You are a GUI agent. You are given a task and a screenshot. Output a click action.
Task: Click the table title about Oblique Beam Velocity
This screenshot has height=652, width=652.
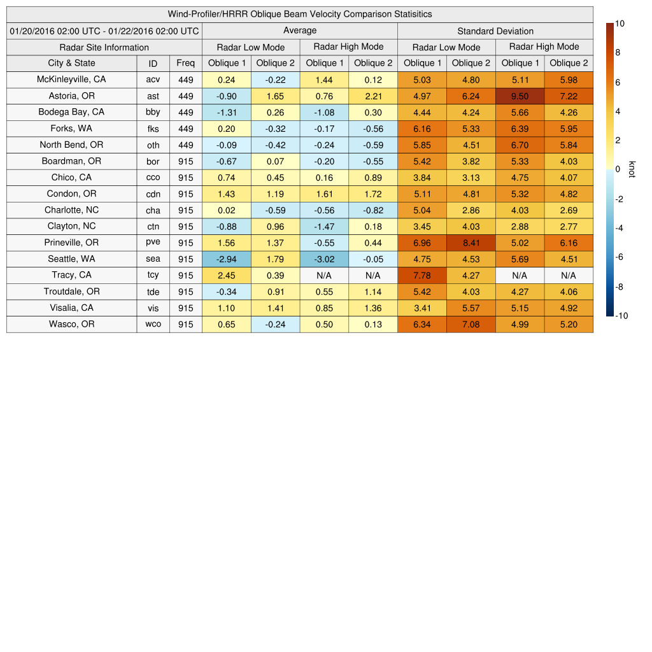pos(300,14)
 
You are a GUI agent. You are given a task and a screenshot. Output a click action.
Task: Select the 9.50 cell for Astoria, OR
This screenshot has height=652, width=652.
pos(520,96)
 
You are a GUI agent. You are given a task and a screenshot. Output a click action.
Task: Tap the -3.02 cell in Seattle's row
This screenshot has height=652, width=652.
pos(324,259)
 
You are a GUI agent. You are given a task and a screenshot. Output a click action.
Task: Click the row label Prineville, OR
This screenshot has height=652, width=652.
pos(71,243)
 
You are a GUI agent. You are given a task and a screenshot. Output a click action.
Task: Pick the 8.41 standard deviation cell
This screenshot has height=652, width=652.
pos(471,243)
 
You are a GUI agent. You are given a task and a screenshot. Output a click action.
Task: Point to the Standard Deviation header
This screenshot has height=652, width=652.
pos(495,31)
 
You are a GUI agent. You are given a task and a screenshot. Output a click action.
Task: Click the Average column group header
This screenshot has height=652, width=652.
pos(300,31)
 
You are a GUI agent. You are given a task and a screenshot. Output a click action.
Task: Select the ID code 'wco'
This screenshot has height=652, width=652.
pos(153,325)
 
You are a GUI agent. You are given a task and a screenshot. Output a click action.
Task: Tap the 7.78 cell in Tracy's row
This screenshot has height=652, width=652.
pos(422,276)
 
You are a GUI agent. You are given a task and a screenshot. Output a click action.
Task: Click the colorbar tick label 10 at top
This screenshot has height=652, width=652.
pos(620,24)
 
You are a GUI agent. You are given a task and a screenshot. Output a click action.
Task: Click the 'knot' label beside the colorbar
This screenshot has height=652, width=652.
pos(632,169)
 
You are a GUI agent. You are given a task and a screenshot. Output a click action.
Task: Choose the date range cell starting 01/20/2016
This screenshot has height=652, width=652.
pos(104,31)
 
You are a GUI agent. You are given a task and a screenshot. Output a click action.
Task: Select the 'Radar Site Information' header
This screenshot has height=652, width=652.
pos(104,47)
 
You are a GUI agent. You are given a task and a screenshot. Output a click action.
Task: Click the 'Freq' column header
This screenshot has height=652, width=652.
pos(186,63)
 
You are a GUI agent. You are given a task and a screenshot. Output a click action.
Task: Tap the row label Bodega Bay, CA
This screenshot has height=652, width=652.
pos(71,112)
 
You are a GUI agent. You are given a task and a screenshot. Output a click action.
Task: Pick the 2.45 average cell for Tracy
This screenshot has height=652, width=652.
pos(226,276)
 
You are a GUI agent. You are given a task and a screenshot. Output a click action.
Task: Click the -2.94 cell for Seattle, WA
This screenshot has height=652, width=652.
pos(226,259)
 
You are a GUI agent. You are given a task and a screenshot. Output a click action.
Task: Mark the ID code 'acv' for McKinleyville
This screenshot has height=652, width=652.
pos(153,80)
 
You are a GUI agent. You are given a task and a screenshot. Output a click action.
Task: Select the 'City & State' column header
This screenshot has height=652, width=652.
pos(71,63)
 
